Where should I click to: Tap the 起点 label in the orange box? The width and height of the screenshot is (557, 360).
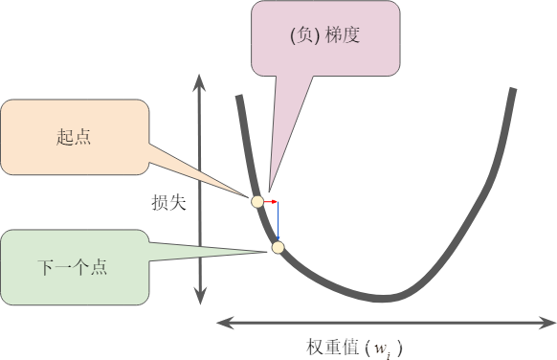coord(74,138)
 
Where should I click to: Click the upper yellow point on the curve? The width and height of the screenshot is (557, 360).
coord(256,201)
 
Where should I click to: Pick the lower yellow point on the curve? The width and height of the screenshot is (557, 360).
coord(278,248)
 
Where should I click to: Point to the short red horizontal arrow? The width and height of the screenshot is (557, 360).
coord(270,202)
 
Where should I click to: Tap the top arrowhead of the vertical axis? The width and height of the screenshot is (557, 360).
coord(199,79)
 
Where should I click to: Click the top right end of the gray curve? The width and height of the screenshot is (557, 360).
coord(514,89)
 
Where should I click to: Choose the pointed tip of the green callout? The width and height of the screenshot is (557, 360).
coord(270,251)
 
